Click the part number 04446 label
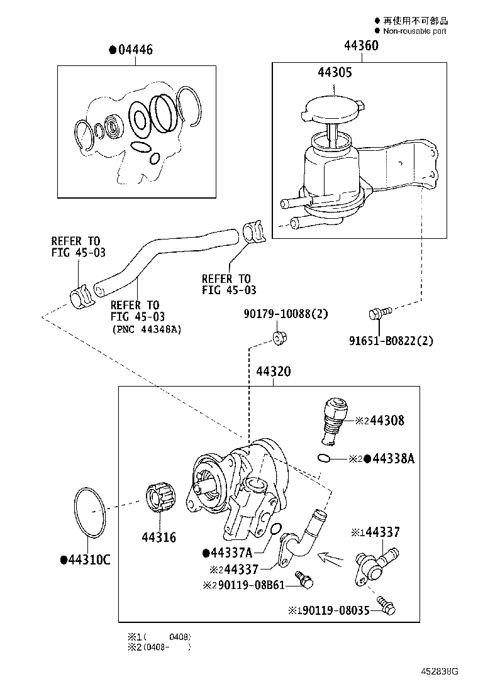click(x=134, y=50)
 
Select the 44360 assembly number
click(x=360, y=47)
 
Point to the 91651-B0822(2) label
click(x=391, y=341)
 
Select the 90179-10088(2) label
click(x=286, y=314)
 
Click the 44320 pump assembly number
click(x=273, y=372)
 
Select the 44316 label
click(x=158, y=537)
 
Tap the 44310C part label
click(x=85, y=559)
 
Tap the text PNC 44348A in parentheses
click(x=147, y=329)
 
